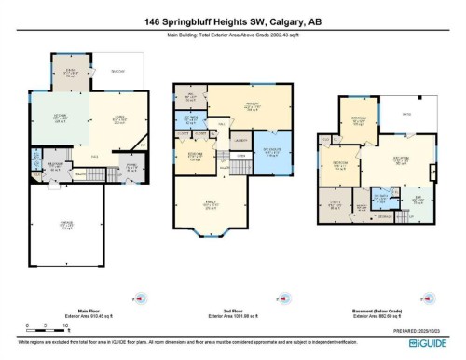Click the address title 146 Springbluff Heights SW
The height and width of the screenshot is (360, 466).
point(232,21)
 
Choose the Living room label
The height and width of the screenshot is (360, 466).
point(119,119)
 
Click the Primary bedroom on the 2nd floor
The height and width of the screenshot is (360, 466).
point(252,106)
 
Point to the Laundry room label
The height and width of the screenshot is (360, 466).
point(241,140)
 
